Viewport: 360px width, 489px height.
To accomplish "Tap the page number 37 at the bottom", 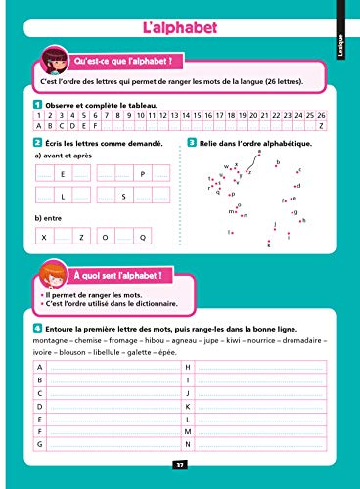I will point(179,465).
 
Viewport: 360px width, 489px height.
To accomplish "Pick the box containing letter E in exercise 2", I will point(62,174).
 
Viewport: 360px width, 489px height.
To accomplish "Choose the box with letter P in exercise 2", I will point(143,174).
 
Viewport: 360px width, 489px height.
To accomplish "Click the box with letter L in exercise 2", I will point(62,197).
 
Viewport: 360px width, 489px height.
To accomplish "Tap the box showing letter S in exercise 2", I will point(123,197).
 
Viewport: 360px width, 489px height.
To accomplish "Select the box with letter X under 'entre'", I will point(43,237).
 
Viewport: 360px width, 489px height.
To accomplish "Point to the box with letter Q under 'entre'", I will point(143,237).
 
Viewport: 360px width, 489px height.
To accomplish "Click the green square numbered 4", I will point(36,329).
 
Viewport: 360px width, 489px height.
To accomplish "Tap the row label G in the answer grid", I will point(40,444).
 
